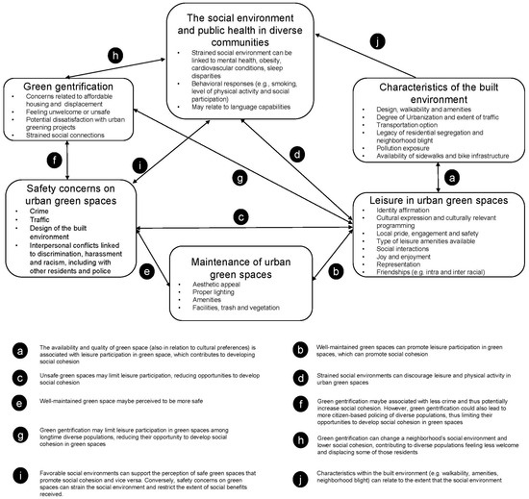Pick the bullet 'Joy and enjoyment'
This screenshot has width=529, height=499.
(x=398, y=258)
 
